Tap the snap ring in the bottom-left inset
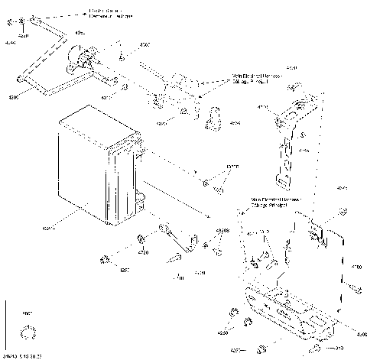pos(31,332)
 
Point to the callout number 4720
pos(143,251)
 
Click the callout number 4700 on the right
pos(356,268)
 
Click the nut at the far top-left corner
pos(24,18)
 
